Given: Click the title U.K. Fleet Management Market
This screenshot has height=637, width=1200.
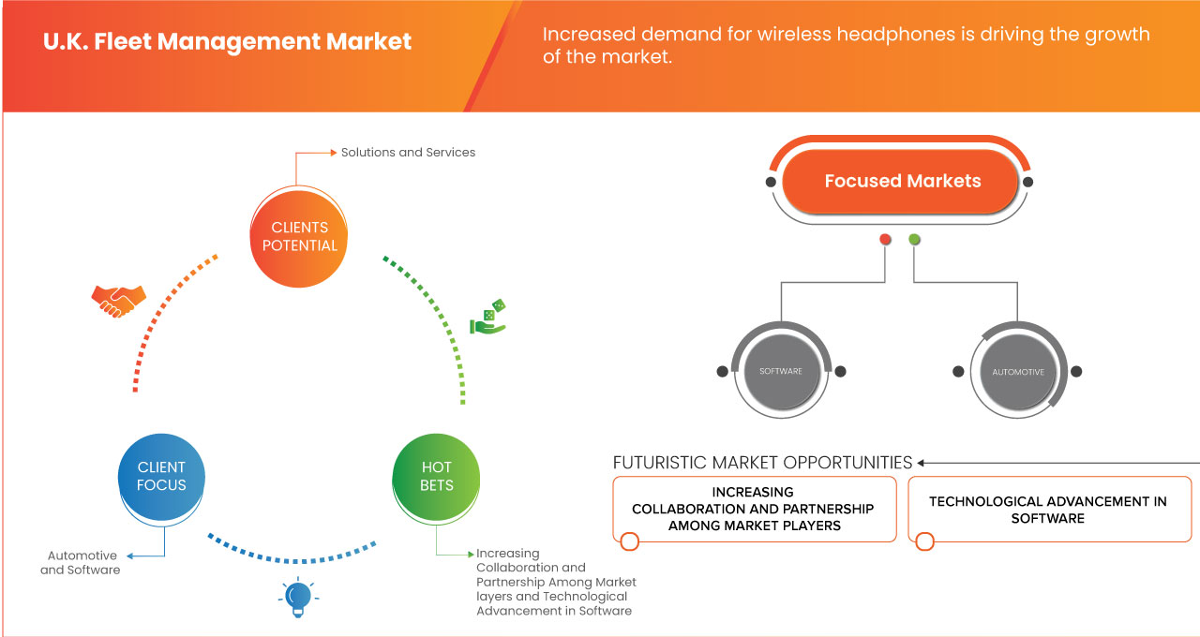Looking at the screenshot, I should [x=228, y=42].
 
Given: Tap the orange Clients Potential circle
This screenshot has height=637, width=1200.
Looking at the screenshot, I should [x=300, y=236].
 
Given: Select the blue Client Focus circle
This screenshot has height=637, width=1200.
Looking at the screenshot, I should [x=161, y=476].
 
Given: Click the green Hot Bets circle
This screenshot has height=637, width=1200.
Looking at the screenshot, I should [x=437, y=476].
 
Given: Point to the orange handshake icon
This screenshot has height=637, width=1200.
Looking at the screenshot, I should [x=118, y=300].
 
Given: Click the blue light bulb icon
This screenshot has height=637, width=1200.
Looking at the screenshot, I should [x=298, y=598].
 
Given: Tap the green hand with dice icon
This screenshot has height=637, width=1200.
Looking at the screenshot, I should [x=488, y=318].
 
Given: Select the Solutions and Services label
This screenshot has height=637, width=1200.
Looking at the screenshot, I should [x=408, y=152].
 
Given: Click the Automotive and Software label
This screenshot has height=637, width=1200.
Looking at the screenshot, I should [x=80, y=562].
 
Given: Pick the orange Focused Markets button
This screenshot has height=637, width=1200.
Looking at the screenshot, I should [x=902, y=182].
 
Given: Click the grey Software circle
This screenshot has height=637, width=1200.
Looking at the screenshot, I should [x=781, y=372].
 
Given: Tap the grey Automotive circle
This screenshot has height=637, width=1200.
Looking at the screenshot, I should [x=1018, y=372].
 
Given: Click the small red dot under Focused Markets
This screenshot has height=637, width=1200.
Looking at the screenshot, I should [x=885, y=240].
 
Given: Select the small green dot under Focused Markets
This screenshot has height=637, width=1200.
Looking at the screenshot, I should [x=914, y=240].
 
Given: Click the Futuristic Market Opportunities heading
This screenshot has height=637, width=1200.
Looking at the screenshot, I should [x=762, y=463].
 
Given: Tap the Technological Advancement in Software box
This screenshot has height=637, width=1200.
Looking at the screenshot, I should [x=1048, y=510].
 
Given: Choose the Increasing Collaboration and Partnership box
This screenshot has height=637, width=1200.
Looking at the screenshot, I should [x=753, y=509].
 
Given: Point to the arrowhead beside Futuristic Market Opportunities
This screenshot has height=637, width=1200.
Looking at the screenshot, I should [x=922, y=463].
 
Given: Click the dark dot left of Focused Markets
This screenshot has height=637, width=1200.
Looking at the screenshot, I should [x=771, y=182].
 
